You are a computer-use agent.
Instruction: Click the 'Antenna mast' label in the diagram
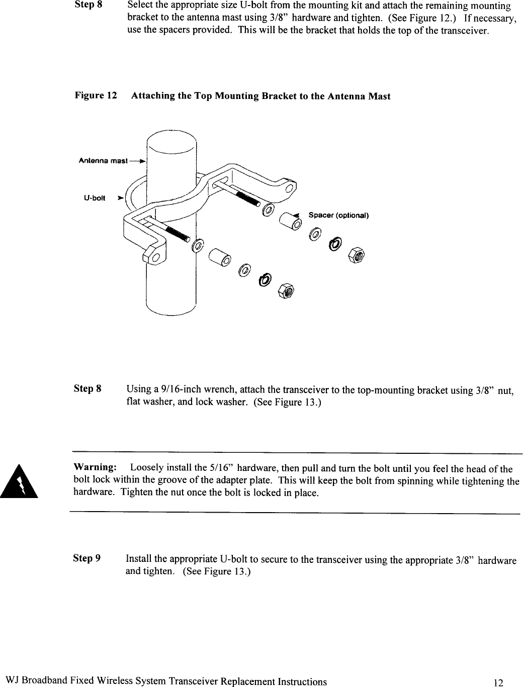[103, 161]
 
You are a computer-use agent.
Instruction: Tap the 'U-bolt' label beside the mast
[94, 198]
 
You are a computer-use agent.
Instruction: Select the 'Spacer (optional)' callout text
[338, 216]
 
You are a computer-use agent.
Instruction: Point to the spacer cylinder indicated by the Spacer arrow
[291, 221]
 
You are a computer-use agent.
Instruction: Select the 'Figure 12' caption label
[96, 95]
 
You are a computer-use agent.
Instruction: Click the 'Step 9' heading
[87, 558]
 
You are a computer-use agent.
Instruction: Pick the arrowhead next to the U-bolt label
[120, 198]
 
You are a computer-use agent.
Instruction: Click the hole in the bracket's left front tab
[155, 258]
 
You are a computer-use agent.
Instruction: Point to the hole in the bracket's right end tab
[289, 188]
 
